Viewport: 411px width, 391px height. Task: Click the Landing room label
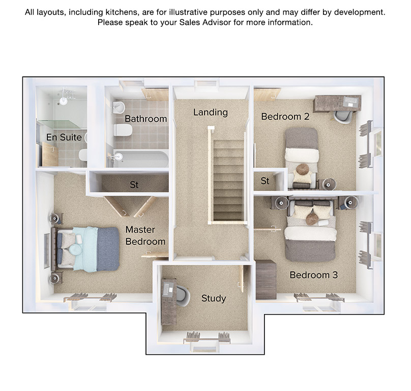pos(211,113)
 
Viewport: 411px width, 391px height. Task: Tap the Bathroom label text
pos(146,119)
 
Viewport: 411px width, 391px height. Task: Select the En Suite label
pos(64,137)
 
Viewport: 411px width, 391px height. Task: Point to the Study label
pos(214,298)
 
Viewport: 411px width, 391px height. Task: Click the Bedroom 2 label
pos(285,117)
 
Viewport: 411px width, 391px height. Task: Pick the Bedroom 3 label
pos(313,275)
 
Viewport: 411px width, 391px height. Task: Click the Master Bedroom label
pos(145,235)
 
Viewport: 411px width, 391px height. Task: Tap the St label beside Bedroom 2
pos(265,181)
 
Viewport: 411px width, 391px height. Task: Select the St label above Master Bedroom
pos(134,185)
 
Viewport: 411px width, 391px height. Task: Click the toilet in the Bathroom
pos(123,130)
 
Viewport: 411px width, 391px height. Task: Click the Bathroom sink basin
pos(119,107)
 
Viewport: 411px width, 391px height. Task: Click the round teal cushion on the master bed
pos(75,249)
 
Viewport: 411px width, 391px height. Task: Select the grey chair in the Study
pos(183,296)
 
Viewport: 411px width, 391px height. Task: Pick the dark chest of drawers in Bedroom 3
pos(266,280)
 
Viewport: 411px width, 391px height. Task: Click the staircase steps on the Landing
pos(228,181)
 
